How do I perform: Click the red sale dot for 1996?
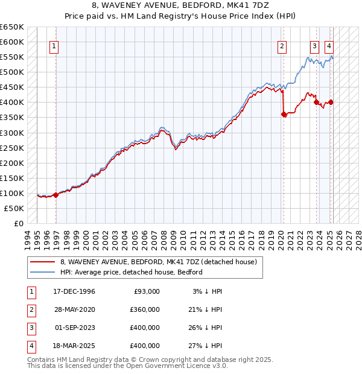tap(56, 195)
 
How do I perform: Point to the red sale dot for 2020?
tap(284, 114)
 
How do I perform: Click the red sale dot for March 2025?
tap(331, 102)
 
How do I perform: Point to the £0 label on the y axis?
tap(18, 223)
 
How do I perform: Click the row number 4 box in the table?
tap(30, 346)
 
